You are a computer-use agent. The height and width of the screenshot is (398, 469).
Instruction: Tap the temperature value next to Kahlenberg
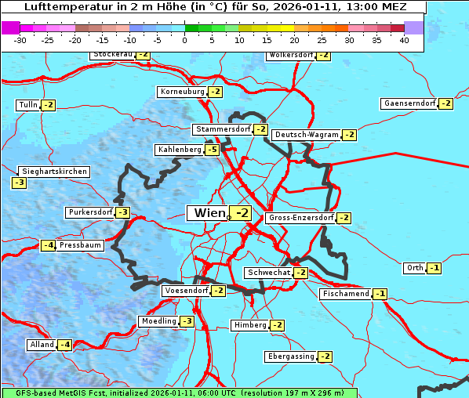212,150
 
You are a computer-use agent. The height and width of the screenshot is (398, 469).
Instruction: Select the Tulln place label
27,105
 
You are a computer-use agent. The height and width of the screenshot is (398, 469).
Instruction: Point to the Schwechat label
268,273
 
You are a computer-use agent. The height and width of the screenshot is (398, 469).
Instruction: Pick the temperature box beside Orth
434,268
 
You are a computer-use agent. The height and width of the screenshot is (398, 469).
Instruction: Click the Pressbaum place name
81,245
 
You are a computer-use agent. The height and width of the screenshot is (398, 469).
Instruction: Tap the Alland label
42,345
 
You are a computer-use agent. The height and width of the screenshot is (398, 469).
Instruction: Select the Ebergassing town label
290,356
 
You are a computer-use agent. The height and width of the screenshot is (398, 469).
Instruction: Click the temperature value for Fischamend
380,294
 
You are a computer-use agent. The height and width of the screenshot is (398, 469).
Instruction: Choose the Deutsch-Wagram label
307,135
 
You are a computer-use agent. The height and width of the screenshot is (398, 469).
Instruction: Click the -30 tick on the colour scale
20,40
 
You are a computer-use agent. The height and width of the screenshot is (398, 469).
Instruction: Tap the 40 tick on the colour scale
404,40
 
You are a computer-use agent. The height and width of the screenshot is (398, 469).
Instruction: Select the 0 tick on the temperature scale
185,40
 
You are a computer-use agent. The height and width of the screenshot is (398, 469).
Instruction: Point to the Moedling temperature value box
187,321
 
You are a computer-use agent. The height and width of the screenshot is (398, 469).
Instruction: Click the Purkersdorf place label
90,212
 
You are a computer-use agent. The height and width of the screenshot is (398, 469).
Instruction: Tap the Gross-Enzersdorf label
301,218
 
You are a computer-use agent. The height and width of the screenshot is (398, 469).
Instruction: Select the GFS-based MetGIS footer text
179,393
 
